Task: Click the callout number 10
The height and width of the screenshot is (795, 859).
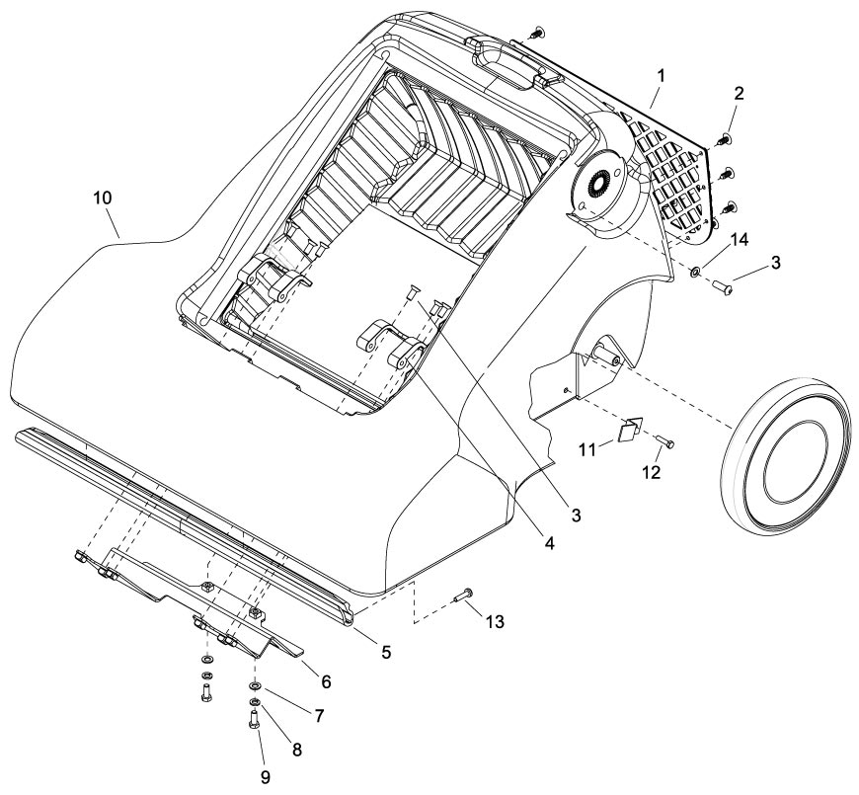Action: tap(103, 198)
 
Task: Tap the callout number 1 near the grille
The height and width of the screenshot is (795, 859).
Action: tap(661, 75)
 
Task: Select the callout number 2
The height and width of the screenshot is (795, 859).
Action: tap(739, 93)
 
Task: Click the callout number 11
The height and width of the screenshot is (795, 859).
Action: tap(586, 449)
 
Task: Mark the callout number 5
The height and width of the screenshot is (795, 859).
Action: tap(386, 652)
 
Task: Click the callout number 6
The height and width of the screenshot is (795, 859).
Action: tap(325, 681)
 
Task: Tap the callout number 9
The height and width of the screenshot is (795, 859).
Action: tap(266, 777)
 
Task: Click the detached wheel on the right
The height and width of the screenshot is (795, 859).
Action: tap(787, 450)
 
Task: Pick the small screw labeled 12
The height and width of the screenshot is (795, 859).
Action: tap(664, 440)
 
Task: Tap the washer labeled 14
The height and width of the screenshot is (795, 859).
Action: tap(696, 271)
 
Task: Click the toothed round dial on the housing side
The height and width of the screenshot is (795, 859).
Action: tap(595, 186)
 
